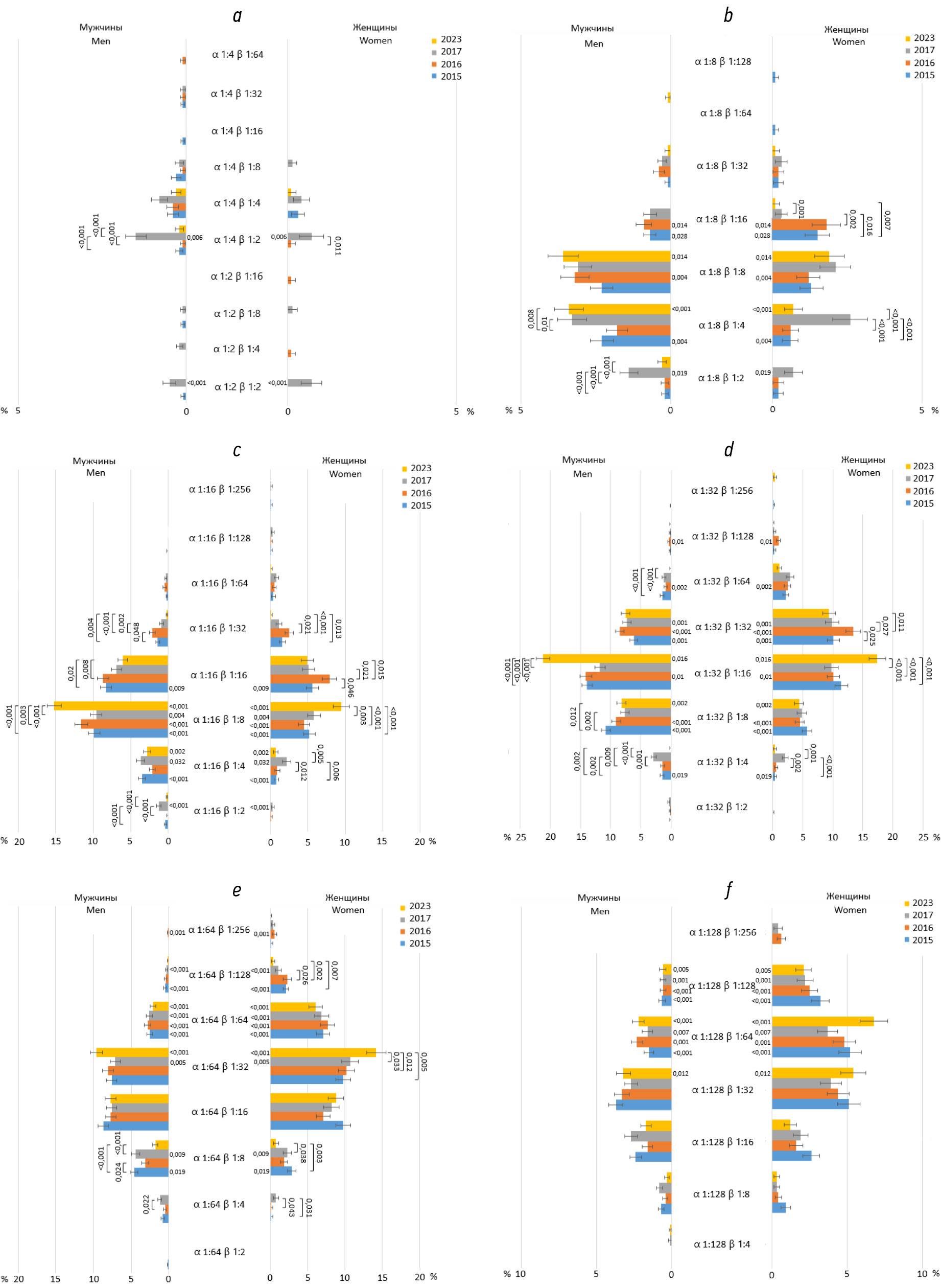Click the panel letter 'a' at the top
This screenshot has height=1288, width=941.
click(237, 16)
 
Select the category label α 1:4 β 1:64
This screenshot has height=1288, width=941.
click(238, 55)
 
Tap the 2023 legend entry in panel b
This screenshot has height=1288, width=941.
click(920, 38)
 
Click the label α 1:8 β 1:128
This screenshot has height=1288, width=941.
click(722, 61)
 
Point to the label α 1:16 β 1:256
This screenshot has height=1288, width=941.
click(219, 489)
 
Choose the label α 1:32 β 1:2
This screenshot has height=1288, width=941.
click(722, 807)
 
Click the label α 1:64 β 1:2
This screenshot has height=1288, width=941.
click(219, 1252)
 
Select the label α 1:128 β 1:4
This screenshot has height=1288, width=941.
click(722, 1244)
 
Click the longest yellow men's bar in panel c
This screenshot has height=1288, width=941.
click(111, 705)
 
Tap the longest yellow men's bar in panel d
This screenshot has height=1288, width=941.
click(606, 658)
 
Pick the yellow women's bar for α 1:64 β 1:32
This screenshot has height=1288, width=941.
click(323, 1052)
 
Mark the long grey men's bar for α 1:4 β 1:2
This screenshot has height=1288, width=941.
click(160, 237)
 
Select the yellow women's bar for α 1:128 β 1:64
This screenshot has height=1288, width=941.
click(822, 1021)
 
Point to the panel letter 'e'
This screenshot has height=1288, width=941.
click(237, 890)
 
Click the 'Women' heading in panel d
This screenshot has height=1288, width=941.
click(863, 472)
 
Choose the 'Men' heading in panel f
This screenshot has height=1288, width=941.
click(599, 911)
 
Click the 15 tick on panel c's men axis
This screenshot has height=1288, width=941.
click(56, 841)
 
